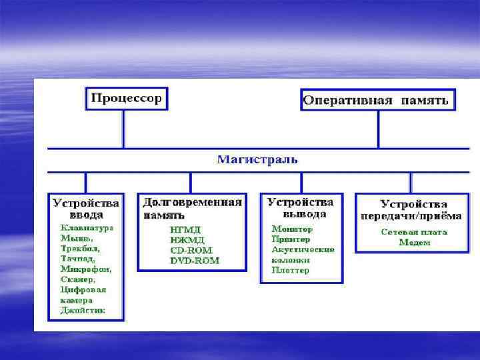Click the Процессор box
(x=126, y=99)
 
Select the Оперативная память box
(x=378, y=101)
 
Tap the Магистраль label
(x=257, y=160)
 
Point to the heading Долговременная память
(x=191, y=207)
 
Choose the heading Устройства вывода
(x=300, y=207)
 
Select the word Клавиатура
(x=87, y=227)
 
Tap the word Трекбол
(x=78, y=248)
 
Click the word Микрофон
(x=85, y=269)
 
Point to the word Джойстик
(x=82, y=311)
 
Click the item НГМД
(x=186, y=230)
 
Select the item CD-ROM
(x=189, y=251)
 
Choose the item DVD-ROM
(x=194, y=261)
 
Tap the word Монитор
(x=291, y=229)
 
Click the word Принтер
(x=291, y=239)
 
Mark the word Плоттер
(x=290, y=270)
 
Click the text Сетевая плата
(x=413, y=232)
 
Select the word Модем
(x=414, y=243)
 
